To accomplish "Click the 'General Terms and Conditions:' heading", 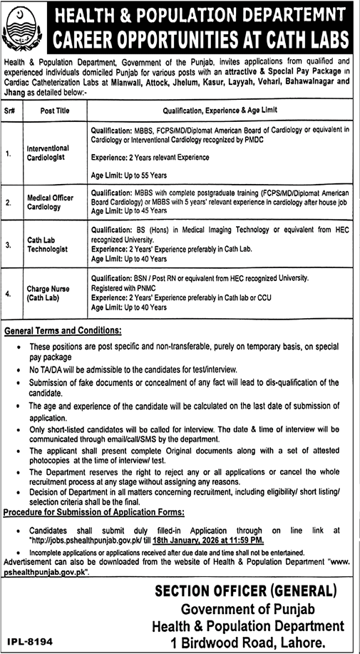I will [x=63, y=330].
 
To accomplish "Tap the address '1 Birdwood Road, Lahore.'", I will [x=249, y=642].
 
